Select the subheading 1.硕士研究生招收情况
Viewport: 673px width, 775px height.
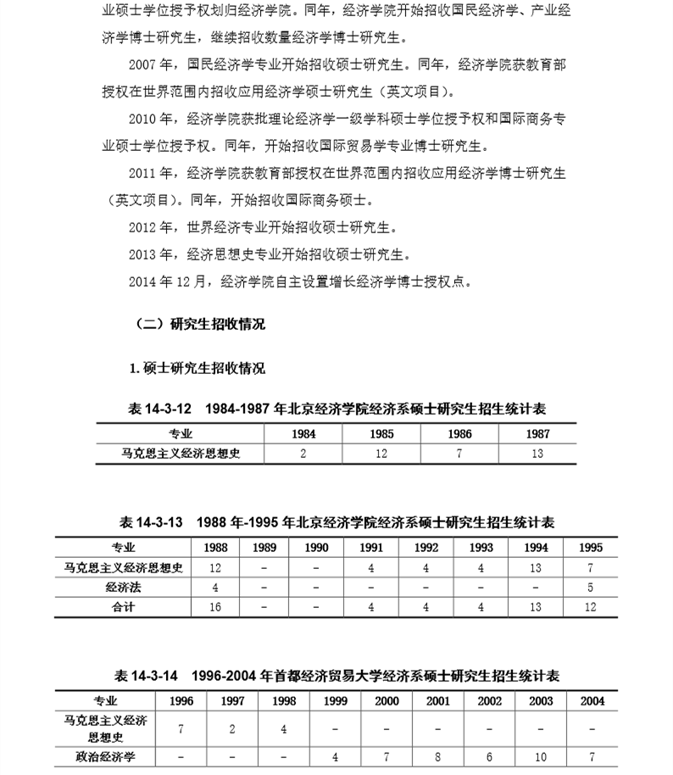197,368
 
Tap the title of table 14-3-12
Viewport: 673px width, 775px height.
336,409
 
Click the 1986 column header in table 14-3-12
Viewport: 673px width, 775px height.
459,433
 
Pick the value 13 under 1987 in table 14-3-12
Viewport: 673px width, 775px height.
537,454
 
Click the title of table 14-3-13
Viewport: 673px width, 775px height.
336,521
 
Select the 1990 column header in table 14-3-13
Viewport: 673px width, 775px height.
317,548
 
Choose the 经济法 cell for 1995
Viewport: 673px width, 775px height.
591,587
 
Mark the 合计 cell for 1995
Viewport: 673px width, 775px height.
591,607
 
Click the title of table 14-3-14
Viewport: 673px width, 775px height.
336,676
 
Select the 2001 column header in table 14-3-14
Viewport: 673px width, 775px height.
438,701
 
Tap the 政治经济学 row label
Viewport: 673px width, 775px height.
106,755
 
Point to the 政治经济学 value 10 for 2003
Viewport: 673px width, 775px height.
541,755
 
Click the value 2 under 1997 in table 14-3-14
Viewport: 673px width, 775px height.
232,728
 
